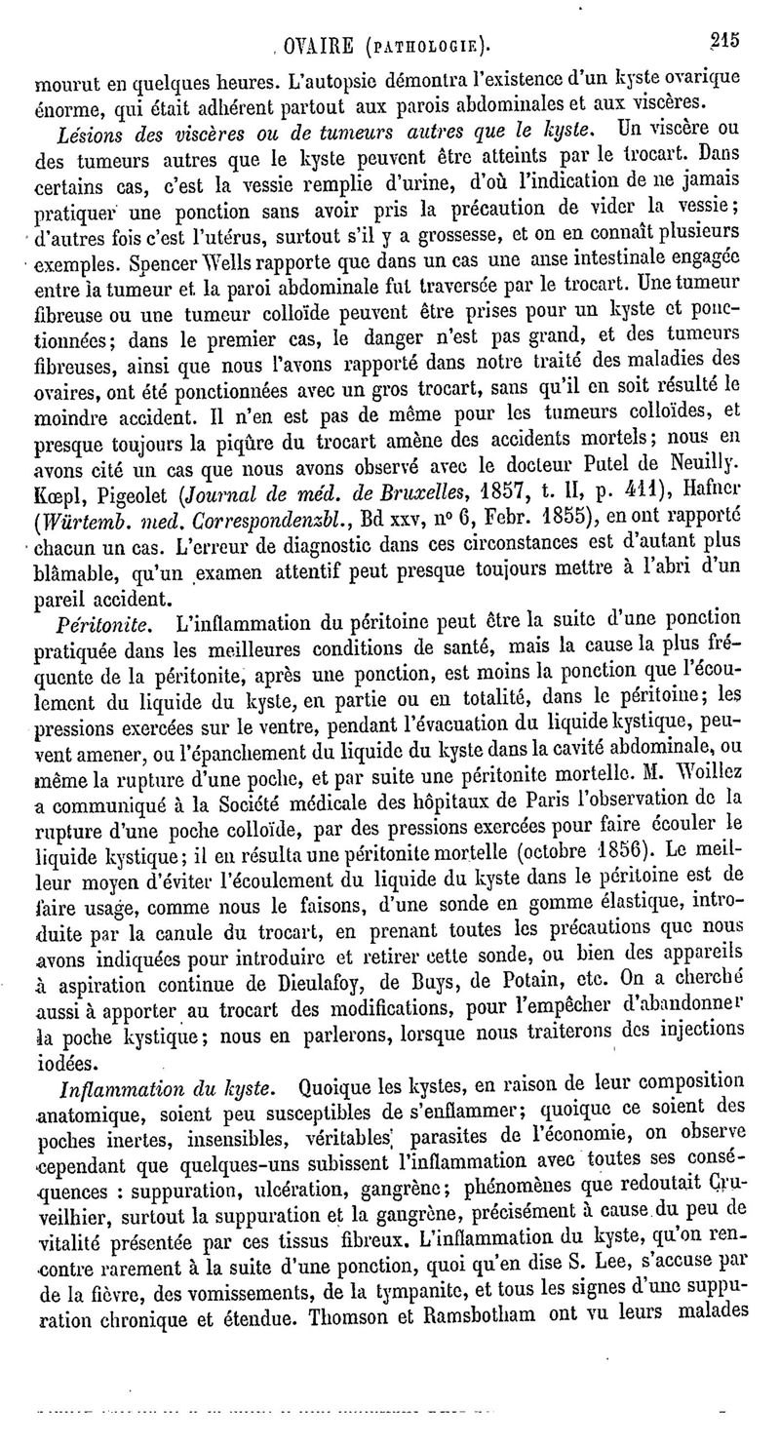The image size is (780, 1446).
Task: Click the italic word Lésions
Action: click(x=90, y=129)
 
